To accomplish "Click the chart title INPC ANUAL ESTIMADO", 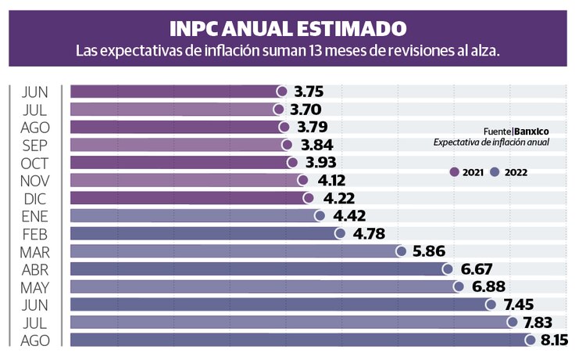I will click(x=288, y=29).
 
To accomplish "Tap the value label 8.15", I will click(x=553, y=340).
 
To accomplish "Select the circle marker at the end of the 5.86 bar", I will click(x=401, y=251).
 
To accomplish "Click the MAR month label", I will click(x=35, y=251).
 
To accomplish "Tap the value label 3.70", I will click(x=304, y=110).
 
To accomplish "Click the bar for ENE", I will click(x=195, y=216).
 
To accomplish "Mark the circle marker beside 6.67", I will click(x=447, y=269).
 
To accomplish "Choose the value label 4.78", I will click(x=366, y=233).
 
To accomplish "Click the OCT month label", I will click(x=36, y=163).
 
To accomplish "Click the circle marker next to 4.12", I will click(x=303, y=180).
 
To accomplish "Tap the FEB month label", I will click(x=36, y=233).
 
